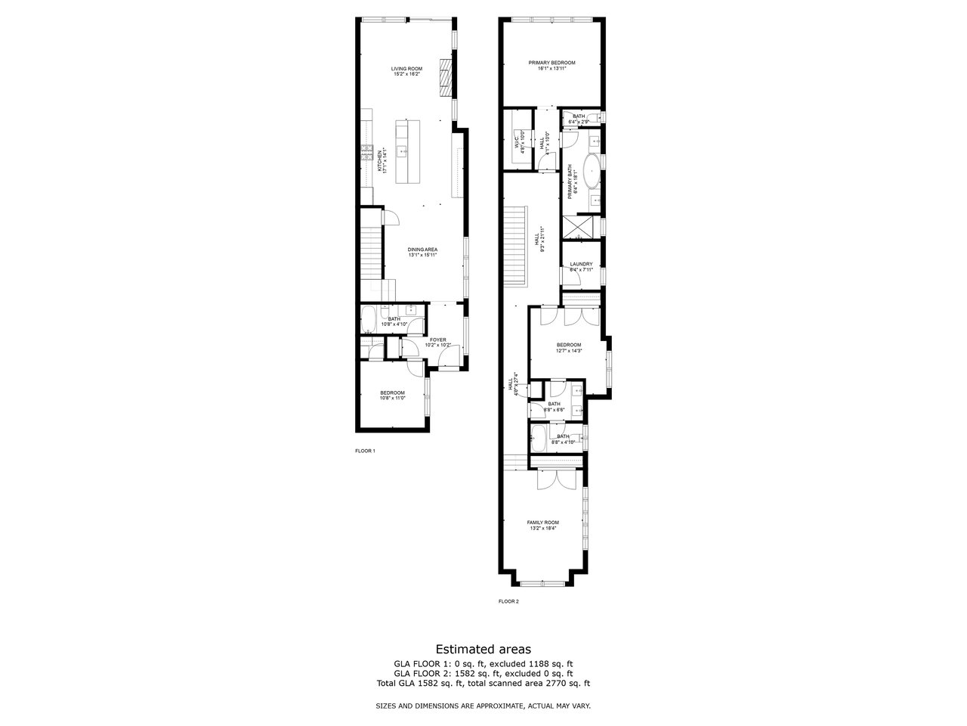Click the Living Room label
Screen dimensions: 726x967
coord(406,71)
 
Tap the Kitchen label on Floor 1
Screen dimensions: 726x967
coord(382,160)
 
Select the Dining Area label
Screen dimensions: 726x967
coord(422,253)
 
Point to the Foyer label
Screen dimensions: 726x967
coord(438,343)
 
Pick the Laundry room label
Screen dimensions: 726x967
coord(581,266)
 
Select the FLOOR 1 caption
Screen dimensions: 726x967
coord(365,451)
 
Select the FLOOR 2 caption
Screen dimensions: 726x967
coord(508,602)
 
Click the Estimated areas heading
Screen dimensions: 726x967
coord(483,649)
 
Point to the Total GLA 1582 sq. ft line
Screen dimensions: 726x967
coord(483,684)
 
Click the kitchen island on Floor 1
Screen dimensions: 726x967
coord(403,150)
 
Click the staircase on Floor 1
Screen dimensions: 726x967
coord(370,255)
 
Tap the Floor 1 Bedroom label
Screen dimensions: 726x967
coord(393,395)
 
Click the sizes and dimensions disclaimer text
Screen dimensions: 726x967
coord(483,706)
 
